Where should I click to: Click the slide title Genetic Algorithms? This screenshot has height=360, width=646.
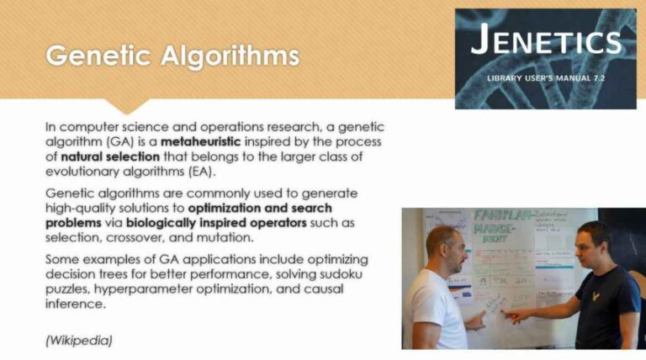tap(172, 56)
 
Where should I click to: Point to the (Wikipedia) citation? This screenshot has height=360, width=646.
tap(79, 340)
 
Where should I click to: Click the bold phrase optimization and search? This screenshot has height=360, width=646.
tap(260, 207)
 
